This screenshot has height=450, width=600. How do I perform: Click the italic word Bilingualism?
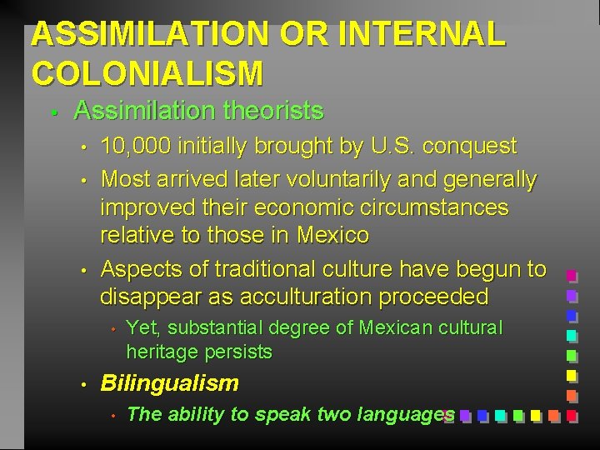(x=169, y=383)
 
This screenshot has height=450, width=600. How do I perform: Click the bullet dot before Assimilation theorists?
(x=52, y=112)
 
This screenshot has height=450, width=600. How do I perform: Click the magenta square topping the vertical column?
(x=572, y=277)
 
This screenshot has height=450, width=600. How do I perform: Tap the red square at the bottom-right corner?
(x=572, y=414)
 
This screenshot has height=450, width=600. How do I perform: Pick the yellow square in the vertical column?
(x=572, y=375)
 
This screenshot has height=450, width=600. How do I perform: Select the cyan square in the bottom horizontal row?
(x=500, y=414)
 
